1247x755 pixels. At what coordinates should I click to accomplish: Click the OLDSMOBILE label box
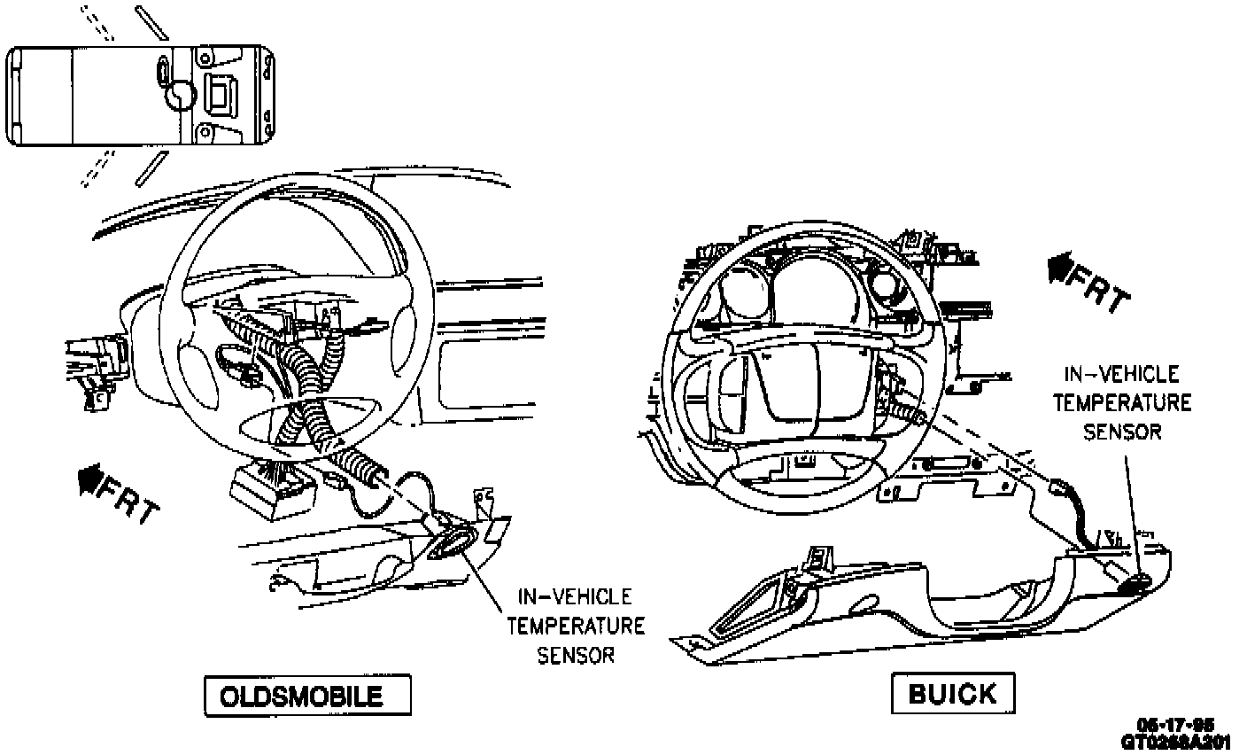[x=308, y=696]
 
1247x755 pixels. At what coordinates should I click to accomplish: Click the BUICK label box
[x=952, y=693]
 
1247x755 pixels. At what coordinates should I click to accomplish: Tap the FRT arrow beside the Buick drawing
[x=1058, y=265]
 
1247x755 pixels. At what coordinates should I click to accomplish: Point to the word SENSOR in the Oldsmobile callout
[x=576, y=656]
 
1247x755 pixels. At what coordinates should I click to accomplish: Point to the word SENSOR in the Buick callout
[x=1122, y=432]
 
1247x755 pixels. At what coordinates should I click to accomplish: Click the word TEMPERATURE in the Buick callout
[x=1122, y=403]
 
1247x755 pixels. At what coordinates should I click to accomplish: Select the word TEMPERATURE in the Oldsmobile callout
[x=576, y=627]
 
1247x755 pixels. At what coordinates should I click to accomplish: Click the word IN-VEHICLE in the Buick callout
[x=1122, y=375]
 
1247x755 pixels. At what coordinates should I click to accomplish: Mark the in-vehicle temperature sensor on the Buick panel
[x=1135, y=582]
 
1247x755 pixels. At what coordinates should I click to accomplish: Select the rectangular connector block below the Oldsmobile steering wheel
[x=266, y=493]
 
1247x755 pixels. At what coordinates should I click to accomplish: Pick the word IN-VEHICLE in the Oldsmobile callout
[x=576, y=595]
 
